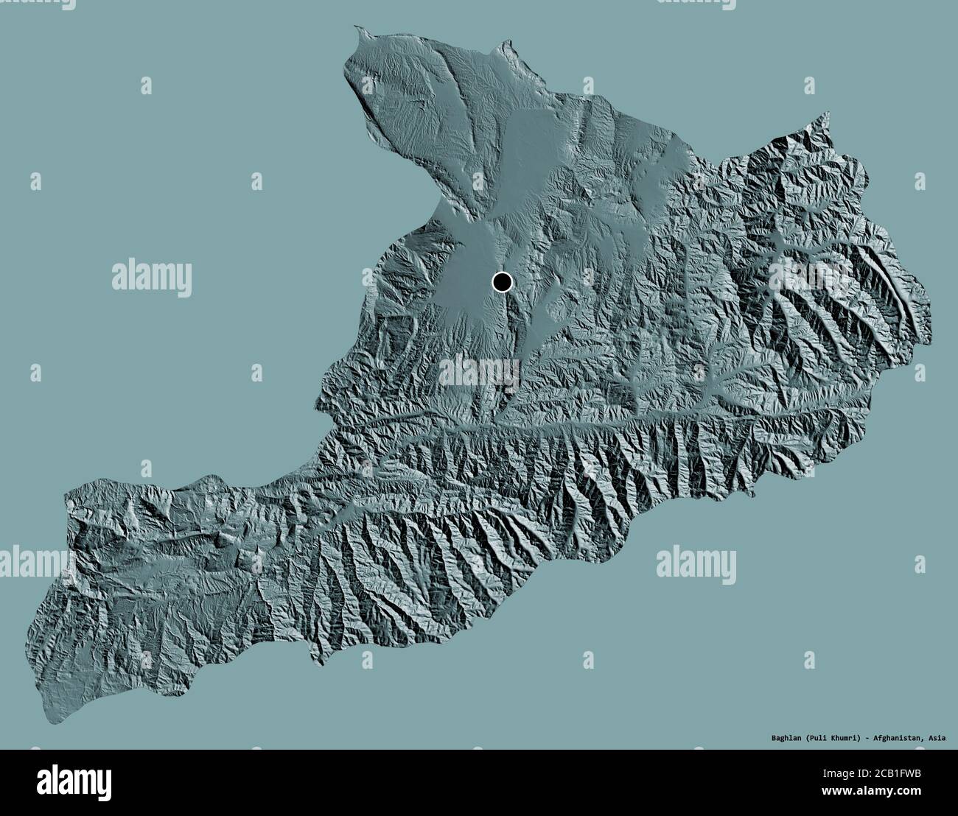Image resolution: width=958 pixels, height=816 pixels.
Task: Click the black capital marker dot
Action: coord(502,281)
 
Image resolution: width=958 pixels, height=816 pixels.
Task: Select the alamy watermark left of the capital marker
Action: coord(152,278)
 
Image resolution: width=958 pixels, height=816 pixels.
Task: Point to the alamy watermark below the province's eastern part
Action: coord(696,563)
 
